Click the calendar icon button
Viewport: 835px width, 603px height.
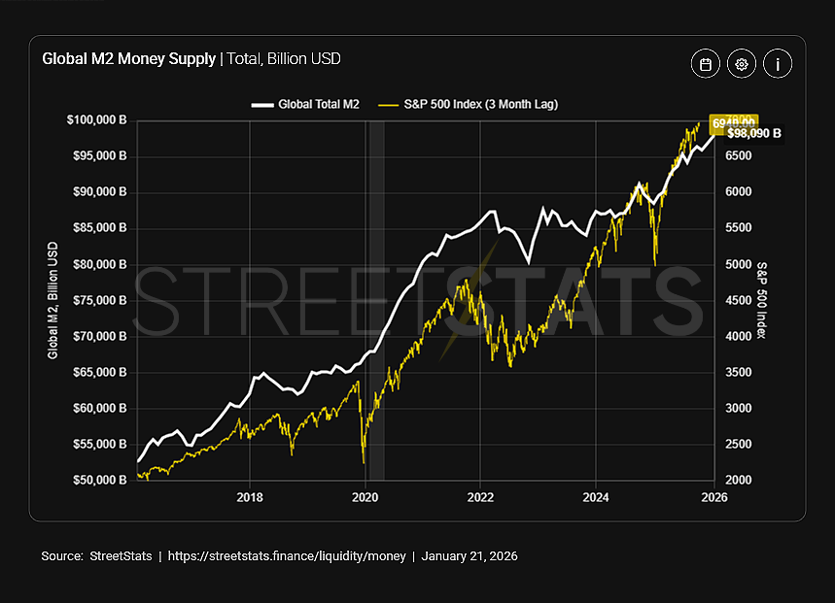pyautogui.click(x=706, y=64)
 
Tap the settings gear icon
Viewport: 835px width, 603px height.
pyautogui.click(x=742, y=64)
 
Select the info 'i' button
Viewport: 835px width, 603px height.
pyautogui.click(x=778, y=64)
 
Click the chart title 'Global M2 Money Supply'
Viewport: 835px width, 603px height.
pyautogui.click(x=128, y=59)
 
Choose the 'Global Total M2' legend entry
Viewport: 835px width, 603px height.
pyautogui.click(x=305, y=103)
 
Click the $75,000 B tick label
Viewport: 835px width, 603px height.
pyautogui.click(x=98, y=300)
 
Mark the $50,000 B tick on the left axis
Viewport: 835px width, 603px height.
pyautogui.click(x=98, y=481)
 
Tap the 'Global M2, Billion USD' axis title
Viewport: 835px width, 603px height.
pyautogui.click(x=53, y=300)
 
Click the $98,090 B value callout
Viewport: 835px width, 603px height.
pyautogui.click(x=753, y=134)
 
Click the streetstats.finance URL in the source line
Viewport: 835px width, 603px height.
pyautogui.click(x=289, y=556)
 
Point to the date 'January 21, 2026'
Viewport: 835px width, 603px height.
pyautogui.click(x=470, y=556)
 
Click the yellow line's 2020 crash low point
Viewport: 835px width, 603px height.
pyautogui.click(x=363, y=462)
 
